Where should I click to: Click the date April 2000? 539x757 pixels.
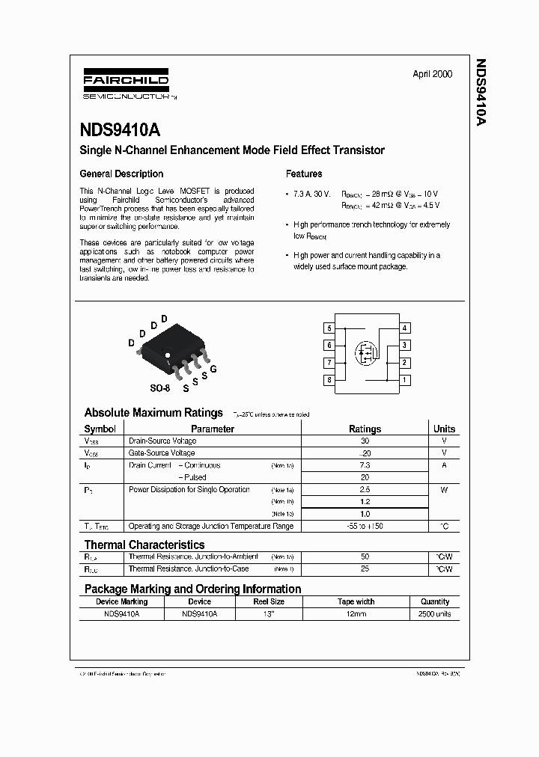point(432,75)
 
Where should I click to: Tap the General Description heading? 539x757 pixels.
point(121,174)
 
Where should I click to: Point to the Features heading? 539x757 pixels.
point(304,174)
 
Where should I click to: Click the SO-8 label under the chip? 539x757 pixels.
point(160,389)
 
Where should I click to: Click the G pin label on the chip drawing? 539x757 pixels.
point(213,370)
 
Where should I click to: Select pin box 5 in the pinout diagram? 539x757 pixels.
point(329,328)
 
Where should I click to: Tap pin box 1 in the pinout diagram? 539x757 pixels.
point(404,380)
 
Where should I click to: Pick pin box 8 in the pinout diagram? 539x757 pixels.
point(329,380)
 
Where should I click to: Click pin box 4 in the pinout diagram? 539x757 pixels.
point(404,328)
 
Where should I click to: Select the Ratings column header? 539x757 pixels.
point(365,429)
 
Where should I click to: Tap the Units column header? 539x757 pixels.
point(444,429)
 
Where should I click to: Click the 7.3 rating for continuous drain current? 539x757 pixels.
point(365,465)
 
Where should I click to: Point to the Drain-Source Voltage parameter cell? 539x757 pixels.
point(162,441)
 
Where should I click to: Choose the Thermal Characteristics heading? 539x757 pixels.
point(144,545)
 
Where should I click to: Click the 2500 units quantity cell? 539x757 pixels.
point(435,614)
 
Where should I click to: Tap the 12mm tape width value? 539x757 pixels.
point(356,614)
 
